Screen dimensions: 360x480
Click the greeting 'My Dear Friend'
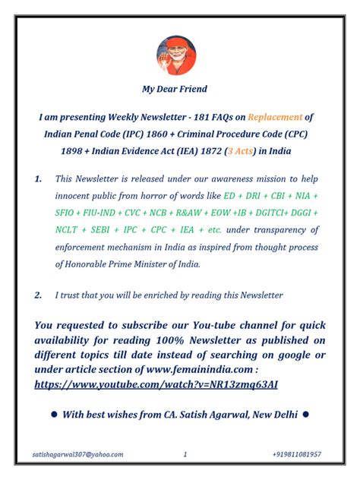[175, 89]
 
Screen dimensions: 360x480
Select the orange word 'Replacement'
[270, 118]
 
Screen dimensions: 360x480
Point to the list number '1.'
[38, 178]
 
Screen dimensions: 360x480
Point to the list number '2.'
[38, 295]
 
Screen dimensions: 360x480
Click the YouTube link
[156, 384]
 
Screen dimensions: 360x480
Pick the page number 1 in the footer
[185, 454]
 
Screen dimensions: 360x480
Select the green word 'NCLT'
[67, 229]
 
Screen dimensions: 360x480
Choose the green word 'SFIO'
[67, 213]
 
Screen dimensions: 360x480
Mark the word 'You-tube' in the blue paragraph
[213, 326]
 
